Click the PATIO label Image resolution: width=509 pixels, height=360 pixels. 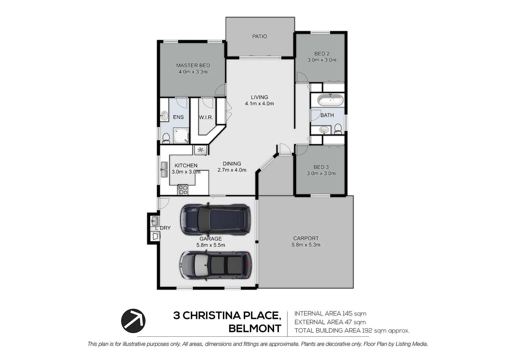pyautogui.click(x=259, y=36)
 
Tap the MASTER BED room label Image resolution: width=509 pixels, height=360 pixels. pyautogui.click(x=193, y=65)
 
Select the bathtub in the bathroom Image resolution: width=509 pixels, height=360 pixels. pyautogui.click(x=330, y=100)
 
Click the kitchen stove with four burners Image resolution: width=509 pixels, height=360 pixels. pyautogui.click(x=183, y=190)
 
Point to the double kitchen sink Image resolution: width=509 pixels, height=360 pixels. pyautogui.click(x=164, y=170)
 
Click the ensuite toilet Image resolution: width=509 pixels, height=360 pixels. pyautogui.click(x=166, y=138)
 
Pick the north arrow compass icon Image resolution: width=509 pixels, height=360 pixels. pyautogui.click(x=133, y=321)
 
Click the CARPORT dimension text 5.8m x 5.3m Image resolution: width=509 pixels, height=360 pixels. pyautogui.click(x=306, y=245)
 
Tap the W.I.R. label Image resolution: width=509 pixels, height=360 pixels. pyautogui.click(x=206, y=117)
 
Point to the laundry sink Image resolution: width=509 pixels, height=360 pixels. pyautogui.click(x=155, y=221)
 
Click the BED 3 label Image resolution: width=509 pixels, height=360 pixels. pyautogui.click(x=321, y=167)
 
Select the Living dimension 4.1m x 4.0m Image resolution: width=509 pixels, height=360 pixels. pyautogui.click(x=259, y=104)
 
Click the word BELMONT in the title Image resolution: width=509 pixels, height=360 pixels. pyautogui.click(x=255, y=329)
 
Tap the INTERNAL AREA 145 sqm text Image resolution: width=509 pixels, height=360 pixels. pyautogui.click(x=330, y=313)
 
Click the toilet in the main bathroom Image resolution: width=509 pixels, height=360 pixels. pyautogui.click(x=338, y=128)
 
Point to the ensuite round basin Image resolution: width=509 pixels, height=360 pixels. pyautogui.click(x=164, y=116)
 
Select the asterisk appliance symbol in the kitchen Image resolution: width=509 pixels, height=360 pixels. pyautogui.click(x=201, y=150)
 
